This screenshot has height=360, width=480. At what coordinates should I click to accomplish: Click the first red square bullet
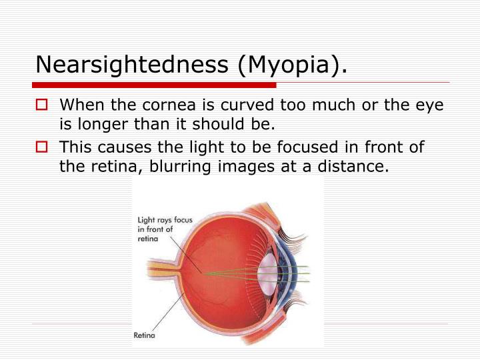pos(43,105)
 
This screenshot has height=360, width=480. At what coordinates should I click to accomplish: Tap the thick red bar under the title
pos(153,85)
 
